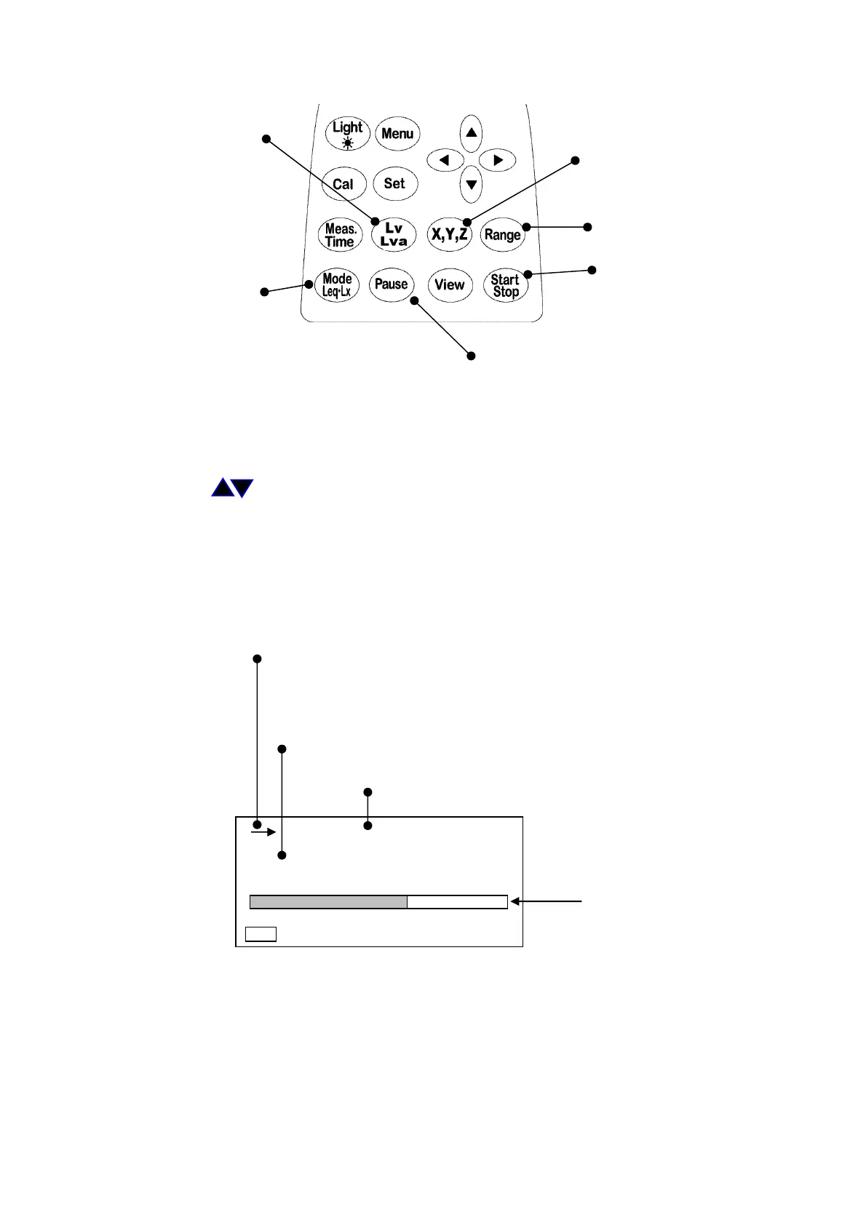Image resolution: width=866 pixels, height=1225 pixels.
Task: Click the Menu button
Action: tap(397, 134)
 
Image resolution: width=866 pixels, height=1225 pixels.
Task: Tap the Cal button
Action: tap(343, 184)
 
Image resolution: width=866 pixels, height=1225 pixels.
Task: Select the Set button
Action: tap(395, 183)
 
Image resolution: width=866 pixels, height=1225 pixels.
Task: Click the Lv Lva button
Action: tap(394, 234)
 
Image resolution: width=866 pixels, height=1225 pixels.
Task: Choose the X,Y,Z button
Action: tap(450, 234)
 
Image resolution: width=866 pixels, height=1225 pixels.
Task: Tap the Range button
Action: tap(503, 234)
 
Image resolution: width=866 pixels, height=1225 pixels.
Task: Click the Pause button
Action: tap(392, 284)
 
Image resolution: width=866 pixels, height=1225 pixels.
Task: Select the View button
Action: tap(449, 284)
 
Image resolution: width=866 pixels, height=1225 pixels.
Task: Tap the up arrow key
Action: tap(472, 133)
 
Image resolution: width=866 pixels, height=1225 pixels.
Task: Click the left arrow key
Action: tap(445, 160)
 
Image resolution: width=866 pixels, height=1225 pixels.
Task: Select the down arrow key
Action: tap(472, 184)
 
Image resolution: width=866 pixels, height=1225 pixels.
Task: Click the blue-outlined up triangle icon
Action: tap(223, 488)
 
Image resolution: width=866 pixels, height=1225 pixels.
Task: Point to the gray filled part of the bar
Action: tap(328, 902)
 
